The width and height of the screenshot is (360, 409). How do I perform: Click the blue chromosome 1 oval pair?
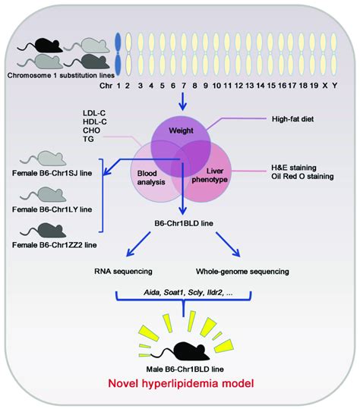117,52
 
